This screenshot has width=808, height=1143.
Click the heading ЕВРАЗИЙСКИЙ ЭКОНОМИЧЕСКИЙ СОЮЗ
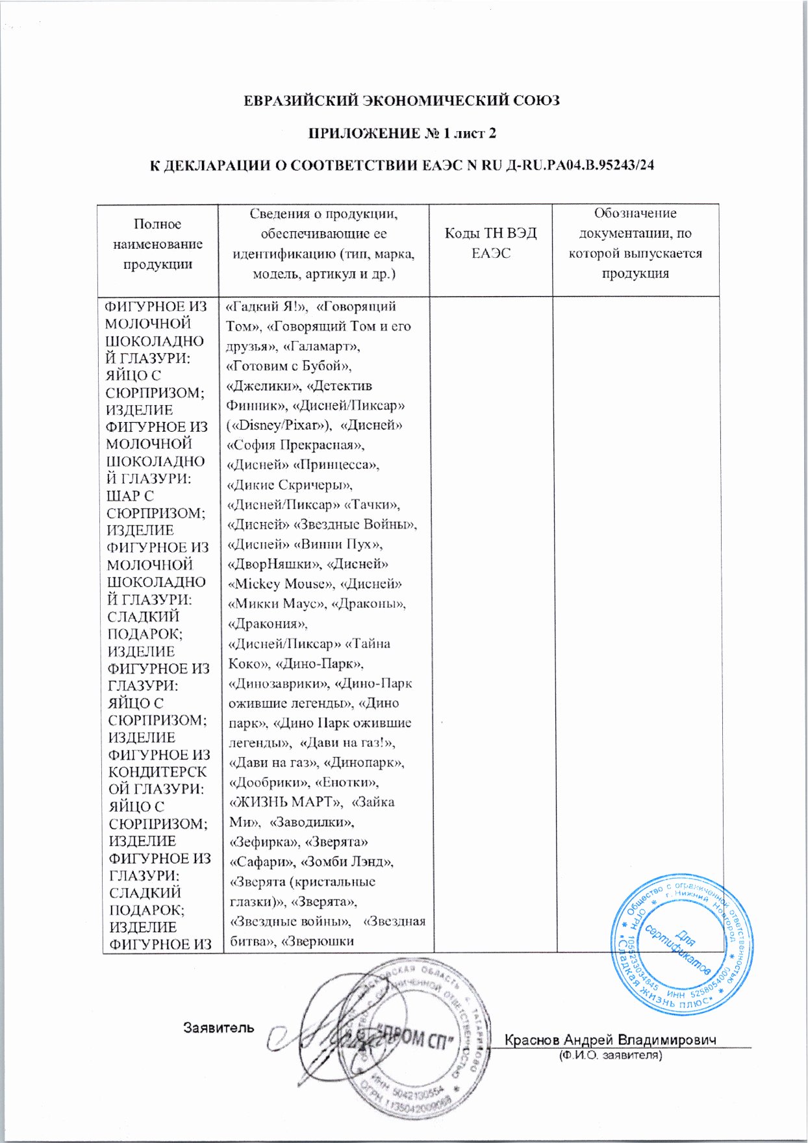(401, 101)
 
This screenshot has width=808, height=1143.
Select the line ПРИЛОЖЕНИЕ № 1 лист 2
(401, 133)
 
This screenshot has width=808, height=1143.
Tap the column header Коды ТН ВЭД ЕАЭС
(490, 244)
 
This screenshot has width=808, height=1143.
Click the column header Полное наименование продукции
(158, 244)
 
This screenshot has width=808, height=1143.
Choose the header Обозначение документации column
(635, 244)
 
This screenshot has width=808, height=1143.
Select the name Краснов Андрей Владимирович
(611, 1040)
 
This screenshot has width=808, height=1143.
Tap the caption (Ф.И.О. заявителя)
(611, 1056)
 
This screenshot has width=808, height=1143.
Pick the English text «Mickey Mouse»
(281, 584)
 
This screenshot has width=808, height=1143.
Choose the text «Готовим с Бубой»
(288, 366)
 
